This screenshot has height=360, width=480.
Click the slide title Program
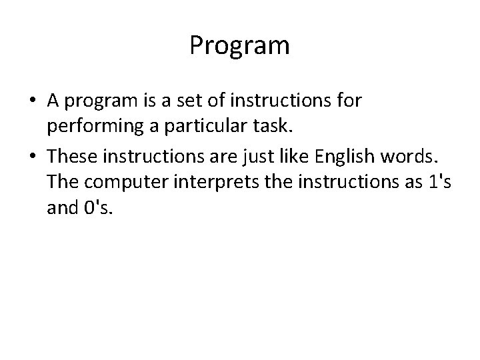239,46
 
